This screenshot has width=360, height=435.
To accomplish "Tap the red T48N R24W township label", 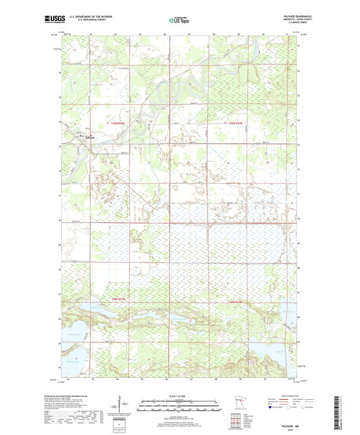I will [x=233, y=301].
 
